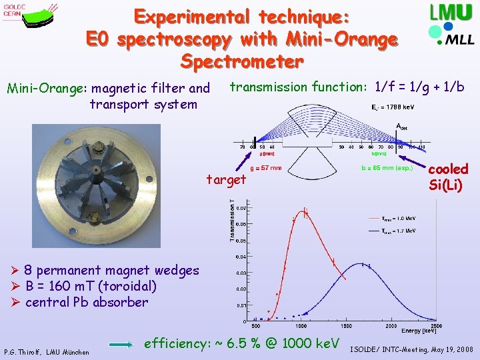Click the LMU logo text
point(453,14)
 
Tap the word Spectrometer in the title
point(242,62)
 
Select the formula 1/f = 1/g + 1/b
point(419,87)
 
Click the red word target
point(225,179)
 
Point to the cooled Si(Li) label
point(448,177)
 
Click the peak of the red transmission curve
point(305,213)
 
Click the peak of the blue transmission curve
point(363,265)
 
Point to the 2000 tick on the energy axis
point(390,327)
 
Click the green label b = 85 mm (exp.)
point(382,168)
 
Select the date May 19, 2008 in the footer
point(448,349)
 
